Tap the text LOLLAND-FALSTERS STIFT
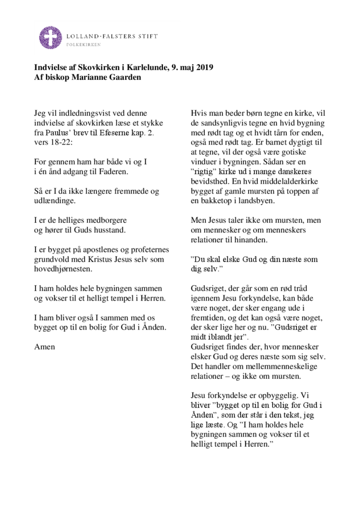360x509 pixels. tap(111, 36)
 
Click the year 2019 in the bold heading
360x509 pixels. tap(204, 68)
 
